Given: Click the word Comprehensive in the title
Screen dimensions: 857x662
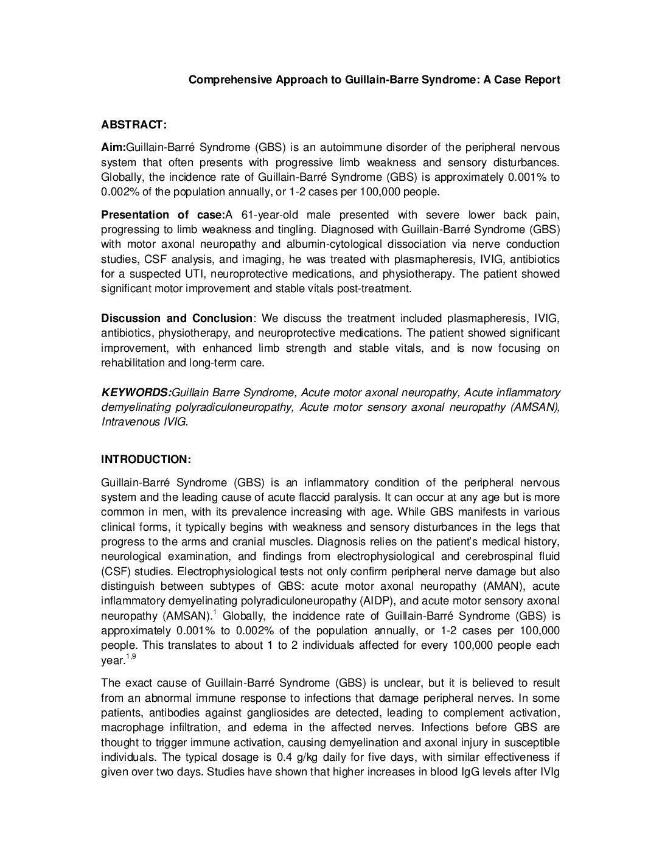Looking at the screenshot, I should point(223,80).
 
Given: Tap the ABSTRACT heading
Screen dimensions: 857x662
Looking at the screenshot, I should point(133,124).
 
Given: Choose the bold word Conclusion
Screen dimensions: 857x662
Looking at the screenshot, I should point(222,318).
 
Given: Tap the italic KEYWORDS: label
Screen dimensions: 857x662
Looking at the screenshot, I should point(136,393).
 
